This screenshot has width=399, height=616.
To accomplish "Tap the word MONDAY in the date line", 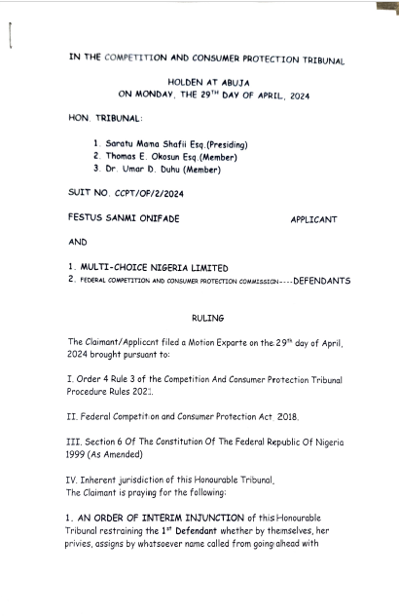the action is tap(154, 96).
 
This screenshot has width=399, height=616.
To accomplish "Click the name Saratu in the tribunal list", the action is tap(122, 144).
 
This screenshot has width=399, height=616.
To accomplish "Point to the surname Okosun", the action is tap(179, 156).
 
